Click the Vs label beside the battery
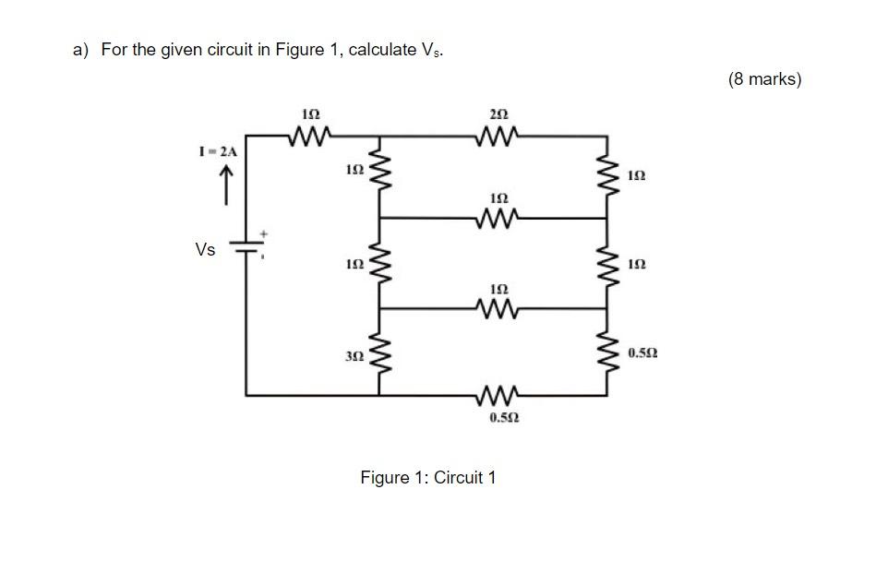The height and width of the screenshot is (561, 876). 206,249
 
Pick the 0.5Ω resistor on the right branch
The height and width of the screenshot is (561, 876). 606,354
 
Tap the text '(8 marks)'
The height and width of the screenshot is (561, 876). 764,79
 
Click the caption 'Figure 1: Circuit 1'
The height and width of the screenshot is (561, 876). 428,477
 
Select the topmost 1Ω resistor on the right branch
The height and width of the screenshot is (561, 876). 606,175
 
